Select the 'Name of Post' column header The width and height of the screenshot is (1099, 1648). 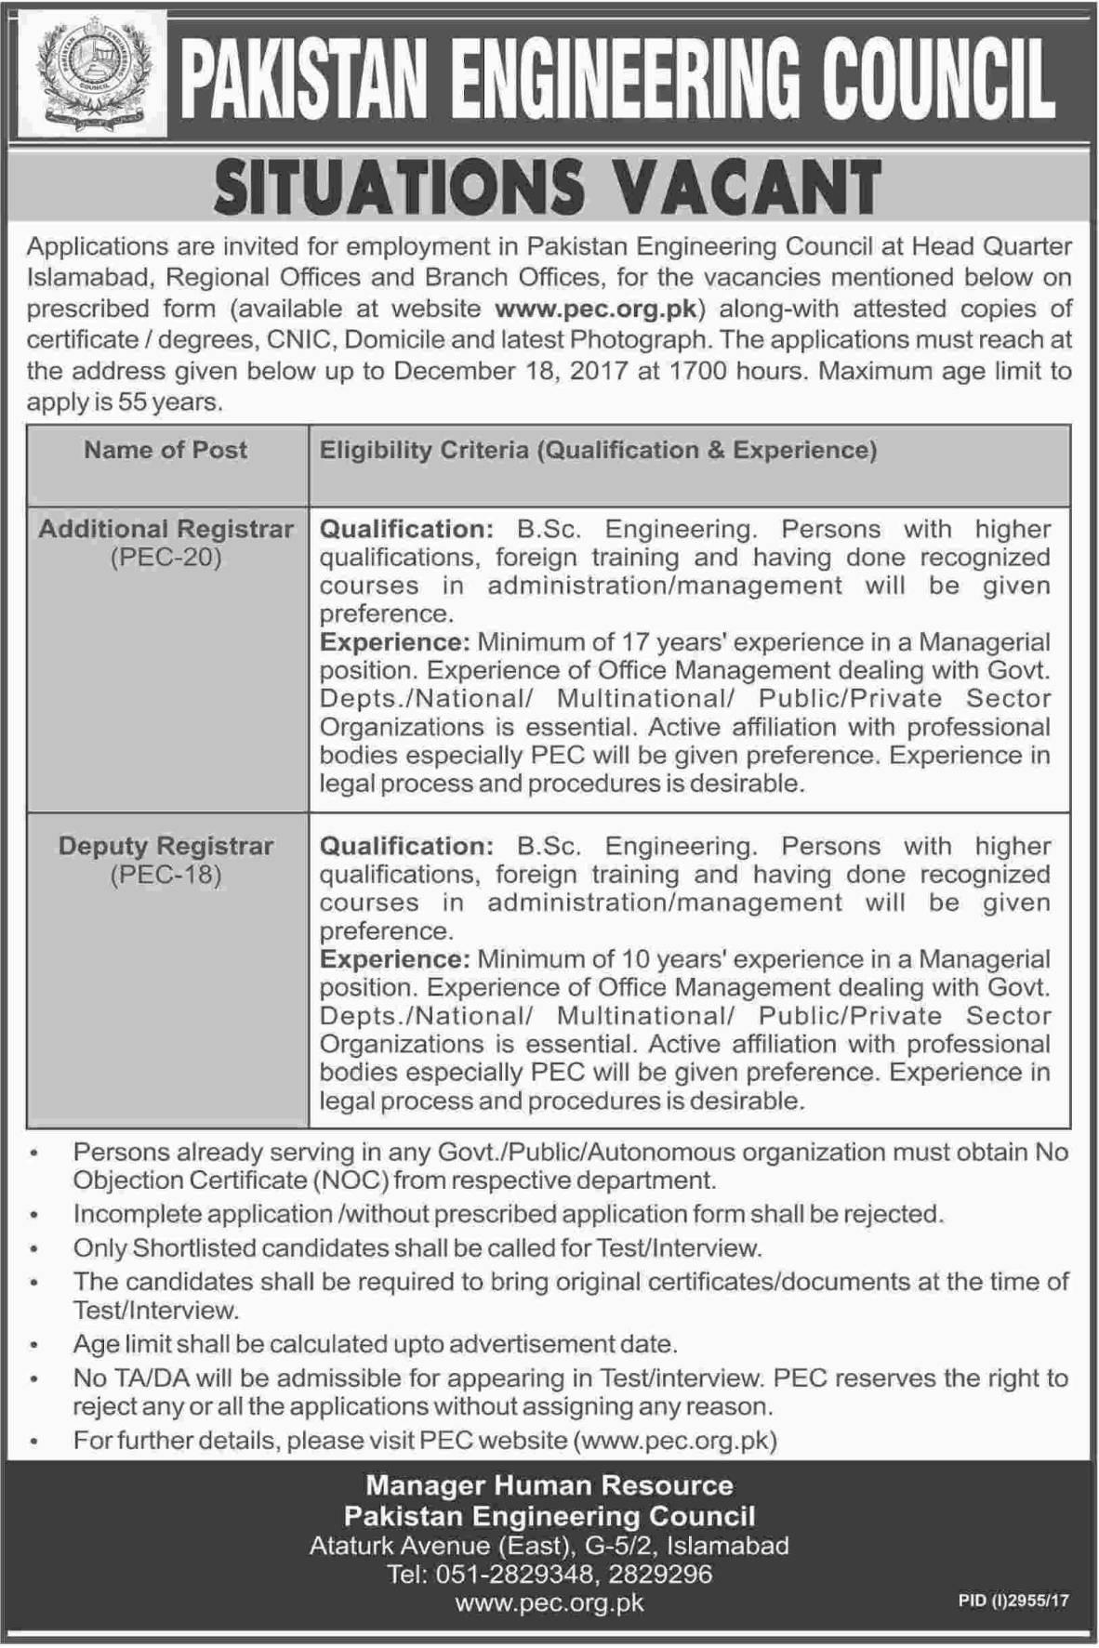tap(166, 451)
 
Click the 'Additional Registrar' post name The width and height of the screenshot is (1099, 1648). tap(166, 530)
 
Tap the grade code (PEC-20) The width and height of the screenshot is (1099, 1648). tap(166, 559)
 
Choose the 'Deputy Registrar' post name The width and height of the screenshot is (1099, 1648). tap(166, 847)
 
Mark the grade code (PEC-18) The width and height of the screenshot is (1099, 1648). tap(166, 876)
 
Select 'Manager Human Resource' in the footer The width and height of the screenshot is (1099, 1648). tap(549, 1486)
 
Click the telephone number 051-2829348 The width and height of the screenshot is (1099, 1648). tap(515, 1574)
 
